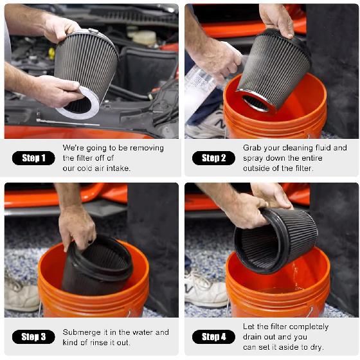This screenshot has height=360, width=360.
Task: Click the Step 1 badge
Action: (x=33, y=158)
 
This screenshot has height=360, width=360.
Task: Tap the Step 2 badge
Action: (x=213, y=158)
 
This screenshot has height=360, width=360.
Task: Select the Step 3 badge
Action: (x=33, y=337)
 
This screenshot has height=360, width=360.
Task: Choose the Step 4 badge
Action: (x=213, y=337)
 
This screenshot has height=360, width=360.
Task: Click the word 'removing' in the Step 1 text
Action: (x=147, y=148)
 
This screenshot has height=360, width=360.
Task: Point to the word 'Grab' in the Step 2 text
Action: (x=253, y=148)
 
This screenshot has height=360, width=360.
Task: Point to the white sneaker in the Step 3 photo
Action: (x=21, y=296)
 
